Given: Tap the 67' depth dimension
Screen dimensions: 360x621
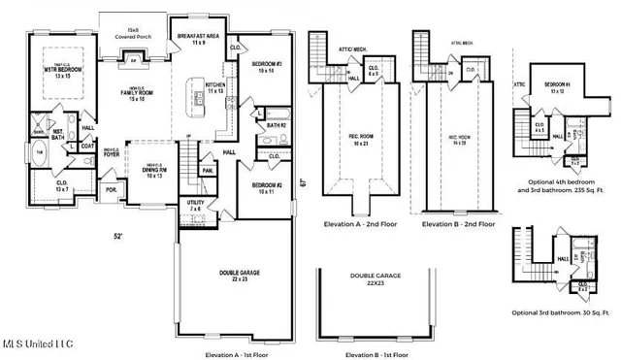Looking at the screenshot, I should coord(303,180).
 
